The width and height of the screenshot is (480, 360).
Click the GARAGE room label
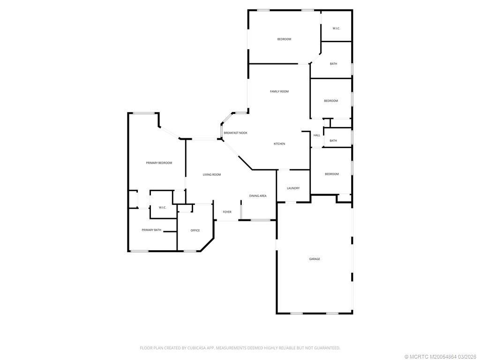(x=315, y=259)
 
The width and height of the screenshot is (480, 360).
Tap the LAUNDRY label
(x=293, y=188)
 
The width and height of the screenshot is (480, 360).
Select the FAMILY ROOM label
(x=279, y=91)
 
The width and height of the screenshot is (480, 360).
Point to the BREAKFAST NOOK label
(x=235, y=133)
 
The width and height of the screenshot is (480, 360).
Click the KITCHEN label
(x=279, y=144)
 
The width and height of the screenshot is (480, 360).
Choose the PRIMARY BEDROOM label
(x=159, y=163)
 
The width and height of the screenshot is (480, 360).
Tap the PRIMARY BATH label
(x=151, y=230)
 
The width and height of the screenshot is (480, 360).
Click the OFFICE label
(x=195, y=230)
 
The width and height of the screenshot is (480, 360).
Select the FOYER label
(x=227, y=212)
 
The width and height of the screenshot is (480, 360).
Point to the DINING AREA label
(x=258, y=195)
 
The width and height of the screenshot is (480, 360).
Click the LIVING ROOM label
(x=211, y=174)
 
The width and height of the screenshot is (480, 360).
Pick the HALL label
(x=317, y=135)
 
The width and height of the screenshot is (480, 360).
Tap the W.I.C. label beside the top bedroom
(x=336, y=29)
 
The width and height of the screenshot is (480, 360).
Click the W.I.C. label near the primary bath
(x=163, y=207)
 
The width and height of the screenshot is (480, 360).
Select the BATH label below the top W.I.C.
(x=333, y=64)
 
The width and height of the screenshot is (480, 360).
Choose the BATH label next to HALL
(x=333, y=141)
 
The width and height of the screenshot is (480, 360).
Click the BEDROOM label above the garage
(x=331, y=174)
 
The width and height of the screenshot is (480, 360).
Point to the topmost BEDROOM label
(x=284, y=39)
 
